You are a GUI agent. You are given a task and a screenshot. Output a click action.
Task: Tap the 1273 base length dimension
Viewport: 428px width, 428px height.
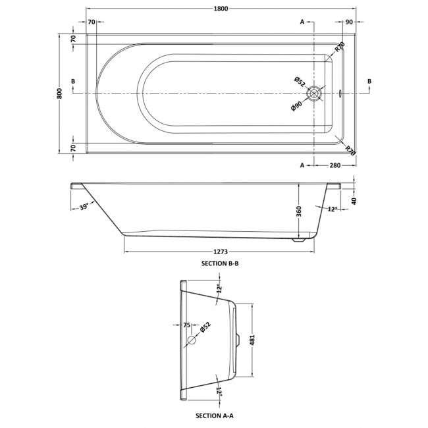pyautogui.click(x=221, y=250)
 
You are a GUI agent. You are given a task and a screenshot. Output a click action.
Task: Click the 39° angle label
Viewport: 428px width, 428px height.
pyautogui.click(x=84, y=206)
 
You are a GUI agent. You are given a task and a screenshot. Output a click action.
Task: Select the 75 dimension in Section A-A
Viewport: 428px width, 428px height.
pyautogui.click(x=186, y=325)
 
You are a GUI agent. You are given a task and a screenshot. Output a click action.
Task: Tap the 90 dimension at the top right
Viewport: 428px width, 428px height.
pyautogui.click(x=348, y=22)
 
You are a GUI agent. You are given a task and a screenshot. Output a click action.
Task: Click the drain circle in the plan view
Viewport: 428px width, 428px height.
pyautogui.click(x=316, y=94)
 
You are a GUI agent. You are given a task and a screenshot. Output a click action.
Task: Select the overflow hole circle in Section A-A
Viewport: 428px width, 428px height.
pyautogui.click(x=192, y=340)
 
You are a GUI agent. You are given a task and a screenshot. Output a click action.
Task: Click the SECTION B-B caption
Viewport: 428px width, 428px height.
pyautogui.click(x=221, y=263)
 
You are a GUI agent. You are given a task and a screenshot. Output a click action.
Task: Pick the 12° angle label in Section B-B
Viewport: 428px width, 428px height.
pyautogui.click(x=333, y=209)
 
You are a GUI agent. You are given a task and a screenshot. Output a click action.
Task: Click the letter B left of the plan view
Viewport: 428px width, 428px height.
pyautogui.click(x=72, y=81)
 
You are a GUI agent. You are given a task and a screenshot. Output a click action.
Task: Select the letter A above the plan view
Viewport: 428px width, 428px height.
pyautogui.click(x=302, y=22)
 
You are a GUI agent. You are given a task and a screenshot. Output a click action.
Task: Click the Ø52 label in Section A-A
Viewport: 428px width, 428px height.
pyautogui.click(x=205, y=327)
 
